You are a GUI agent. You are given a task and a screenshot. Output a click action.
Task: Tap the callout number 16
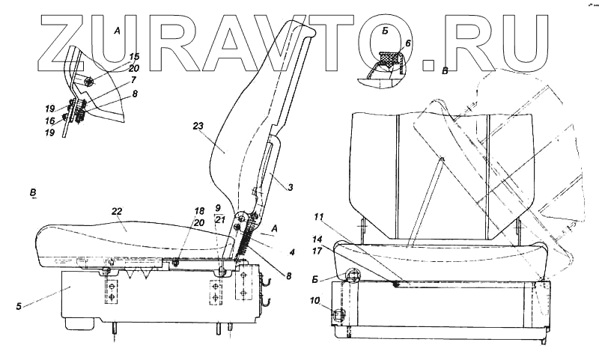pos(49,120)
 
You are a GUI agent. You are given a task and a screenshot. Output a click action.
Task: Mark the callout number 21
pos(219,219)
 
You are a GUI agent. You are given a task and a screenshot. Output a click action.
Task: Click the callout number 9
pos(218,207)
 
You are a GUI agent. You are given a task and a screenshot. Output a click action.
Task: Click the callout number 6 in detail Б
pos(408,44)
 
